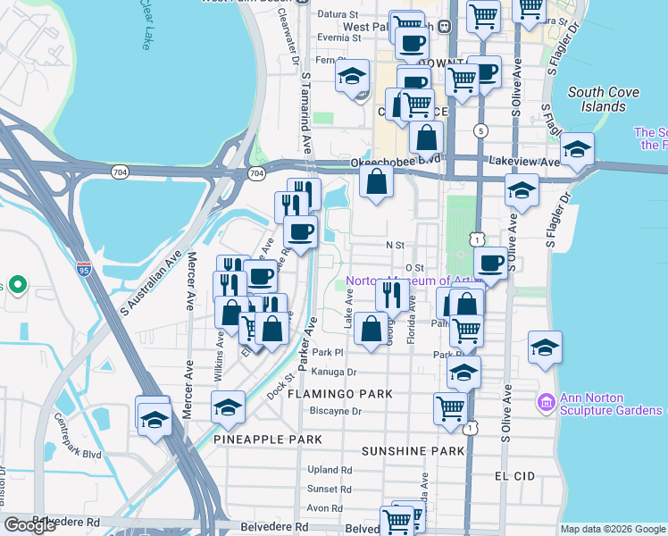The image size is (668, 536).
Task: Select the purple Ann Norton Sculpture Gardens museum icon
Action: coord(546,404)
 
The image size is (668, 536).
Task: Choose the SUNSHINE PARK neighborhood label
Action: coord(413,451)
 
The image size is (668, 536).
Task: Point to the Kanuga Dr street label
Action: coord(335,372)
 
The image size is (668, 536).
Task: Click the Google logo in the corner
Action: coord(29,525)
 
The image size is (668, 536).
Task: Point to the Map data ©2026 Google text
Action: coord(612,529)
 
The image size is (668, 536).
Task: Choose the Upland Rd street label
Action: coord(329,470)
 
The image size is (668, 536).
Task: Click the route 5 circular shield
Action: coord(481,131)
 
